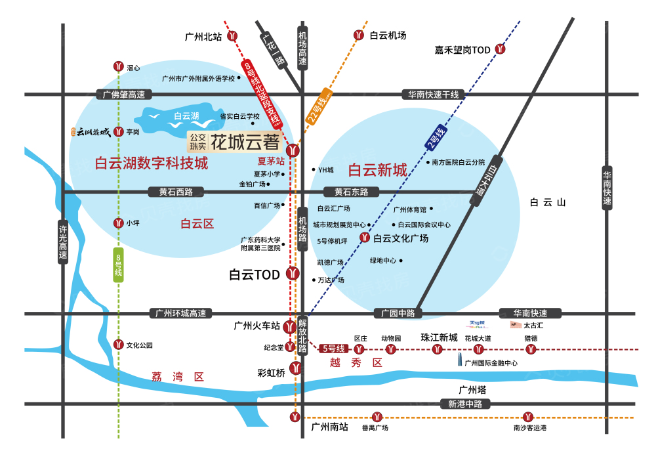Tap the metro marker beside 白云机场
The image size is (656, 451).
(359, 35)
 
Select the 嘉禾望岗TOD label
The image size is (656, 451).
(462, 49)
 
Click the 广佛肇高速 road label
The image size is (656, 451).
(123, 95)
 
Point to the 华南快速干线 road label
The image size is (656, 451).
(434, 95)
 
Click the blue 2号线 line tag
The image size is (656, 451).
(435, 139)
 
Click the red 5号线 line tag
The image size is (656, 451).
(333, 349)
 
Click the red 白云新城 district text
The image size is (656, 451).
(377, 171)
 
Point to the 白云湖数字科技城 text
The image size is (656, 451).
(152, 163)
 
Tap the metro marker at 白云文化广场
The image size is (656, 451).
(364, 238)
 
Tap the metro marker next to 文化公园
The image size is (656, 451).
(119, 344)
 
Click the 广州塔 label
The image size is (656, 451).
(472, 389)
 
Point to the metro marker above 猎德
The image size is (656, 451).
(531, 349)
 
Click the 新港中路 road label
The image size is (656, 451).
(465, 404)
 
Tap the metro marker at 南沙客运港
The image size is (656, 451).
(529, 416)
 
